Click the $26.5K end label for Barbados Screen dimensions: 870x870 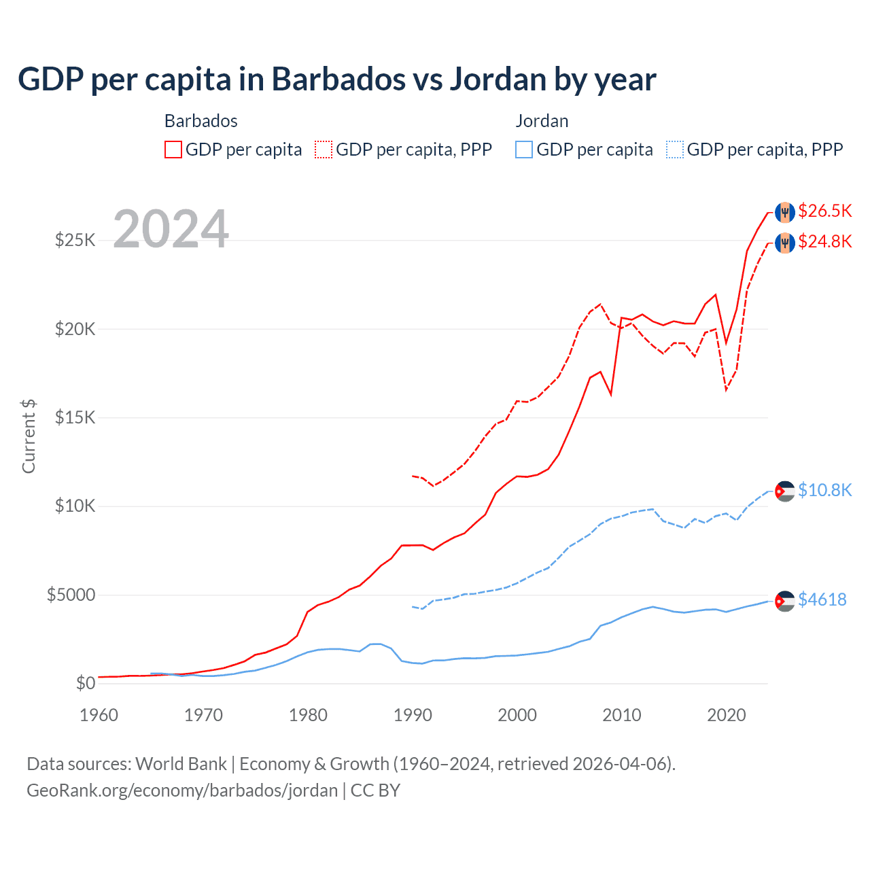[824, 211]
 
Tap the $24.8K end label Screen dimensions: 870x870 [824, 241]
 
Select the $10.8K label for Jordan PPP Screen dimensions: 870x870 [824, 490]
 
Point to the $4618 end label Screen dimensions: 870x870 [822, 599]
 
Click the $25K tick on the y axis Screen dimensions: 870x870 [75, 240]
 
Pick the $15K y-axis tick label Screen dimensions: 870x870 [75, 417]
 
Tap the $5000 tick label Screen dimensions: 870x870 [71, 595]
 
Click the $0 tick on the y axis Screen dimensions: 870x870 [85, 684]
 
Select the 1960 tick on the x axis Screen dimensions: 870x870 [99, 715]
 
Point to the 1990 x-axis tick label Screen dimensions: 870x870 [413, 715]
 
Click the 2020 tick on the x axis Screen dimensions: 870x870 [726, 715]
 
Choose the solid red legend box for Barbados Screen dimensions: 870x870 [173, 150]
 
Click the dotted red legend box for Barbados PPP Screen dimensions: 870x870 [324, 150]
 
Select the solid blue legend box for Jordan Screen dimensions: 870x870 [524, 150]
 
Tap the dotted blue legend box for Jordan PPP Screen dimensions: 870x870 [675, 150]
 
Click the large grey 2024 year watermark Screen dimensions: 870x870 [171, 229]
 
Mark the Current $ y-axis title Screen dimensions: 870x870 [29, 436]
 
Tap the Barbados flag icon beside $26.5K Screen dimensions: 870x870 [785, 211]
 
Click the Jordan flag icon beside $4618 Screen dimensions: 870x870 [785, 601]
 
